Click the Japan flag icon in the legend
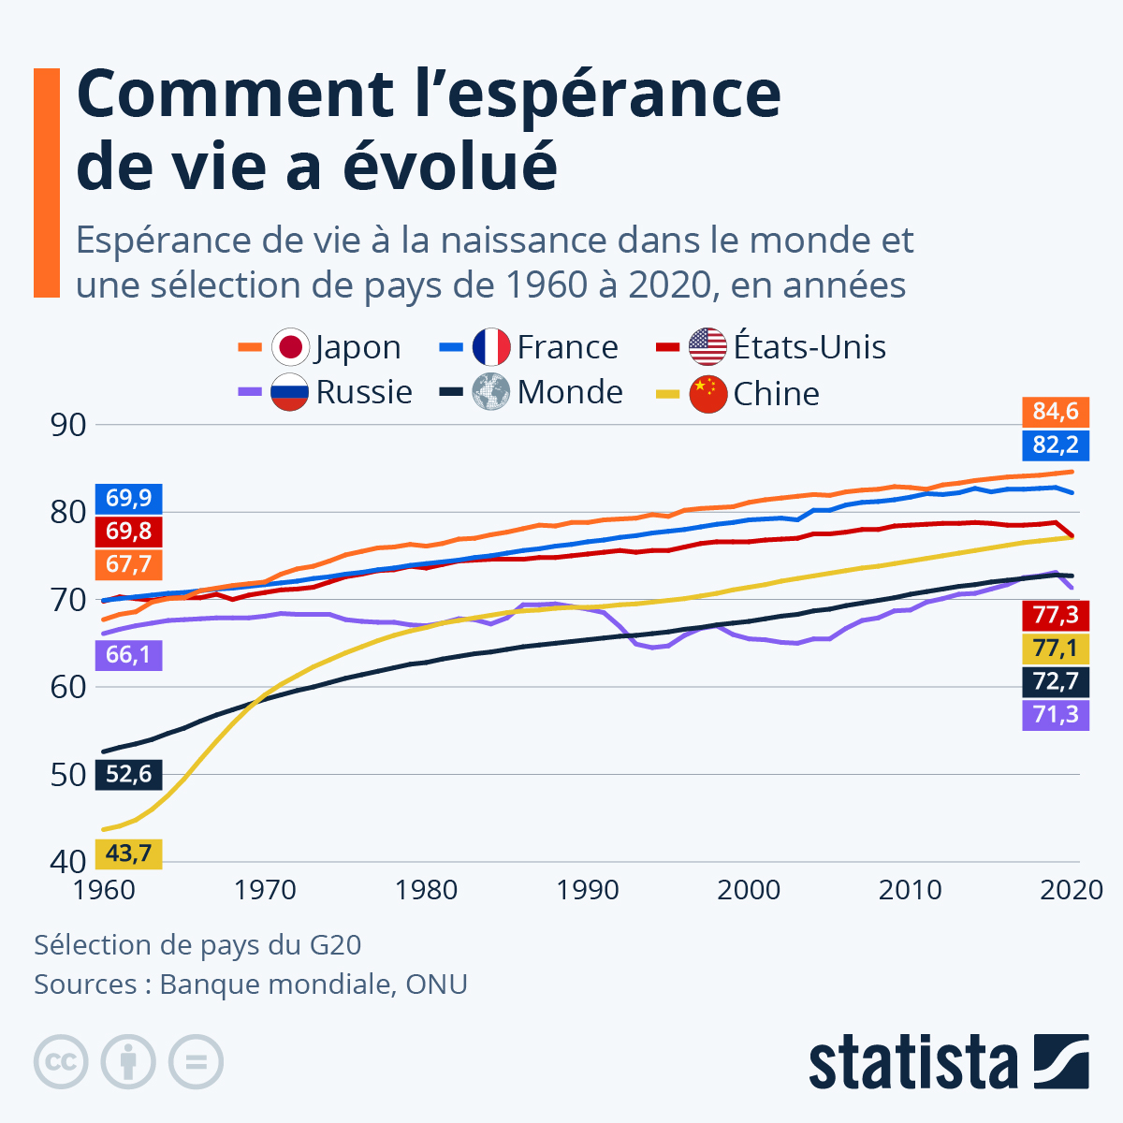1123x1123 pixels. pos(290,347)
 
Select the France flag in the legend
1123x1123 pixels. pos(491,347)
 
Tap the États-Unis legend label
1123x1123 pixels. pos(809,347)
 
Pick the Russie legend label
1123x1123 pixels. pos(364,392)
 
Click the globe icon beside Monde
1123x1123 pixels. pos(491,392)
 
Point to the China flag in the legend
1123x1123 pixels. pos(708,394)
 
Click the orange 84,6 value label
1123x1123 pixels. pos(1056,411)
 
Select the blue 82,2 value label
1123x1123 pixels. pos(1056,445)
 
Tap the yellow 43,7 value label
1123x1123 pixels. pos(129,853)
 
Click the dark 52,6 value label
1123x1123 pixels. pos(129,775)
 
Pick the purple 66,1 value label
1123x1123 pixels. pos(129,654)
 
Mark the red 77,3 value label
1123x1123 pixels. pos(1056,615)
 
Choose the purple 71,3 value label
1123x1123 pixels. pos(1056,715)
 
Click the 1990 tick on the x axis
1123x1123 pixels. pos(588,890)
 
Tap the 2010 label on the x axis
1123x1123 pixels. pos(910,890)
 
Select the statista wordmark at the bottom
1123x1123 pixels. pos(913,1063)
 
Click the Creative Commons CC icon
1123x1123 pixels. pos(61,1062)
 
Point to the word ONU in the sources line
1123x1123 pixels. pos(436,984)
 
